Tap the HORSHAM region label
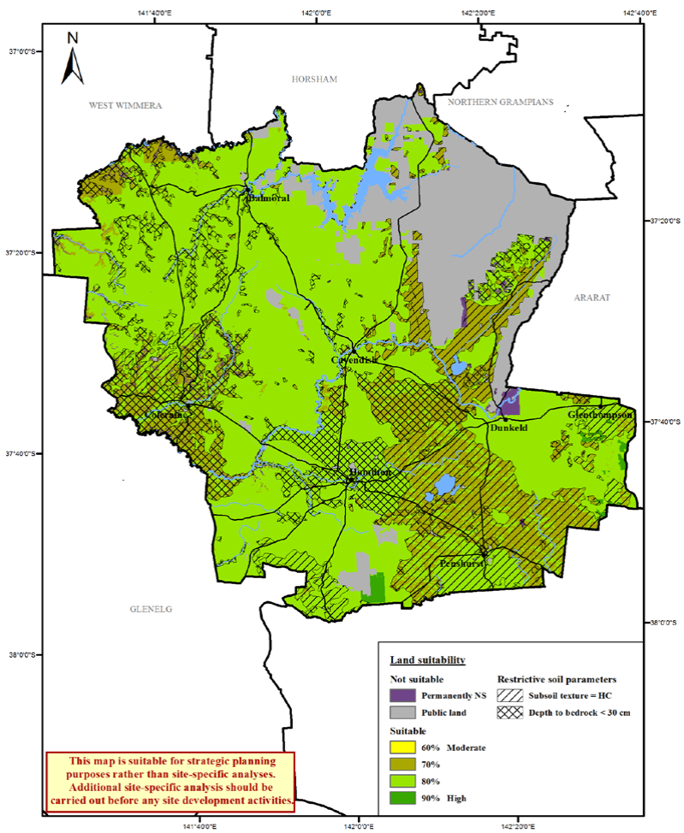tap(314, 80)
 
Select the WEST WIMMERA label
tap(126, 105)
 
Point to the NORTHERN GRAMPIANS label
tap(495, 102)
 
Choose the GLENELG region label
tap(151, 609)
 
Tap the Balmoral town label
tap(268, 198)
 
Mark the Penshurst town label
tap(462, 565)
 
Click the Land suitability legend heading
tap(427, 660)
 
